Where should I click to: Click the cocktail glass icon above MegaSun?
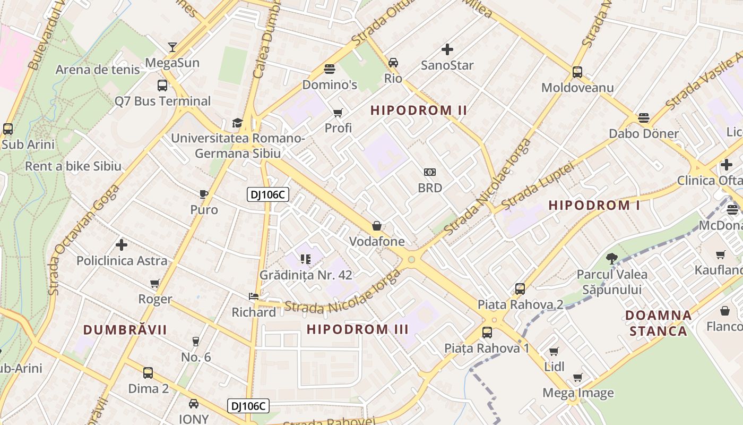[172, 47]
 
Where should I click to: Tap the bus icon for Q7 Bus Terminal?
[162, 85]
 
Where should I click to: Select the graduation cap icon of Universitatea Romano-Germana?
[237, 123]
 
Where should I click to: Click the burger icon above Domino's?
[330, 69]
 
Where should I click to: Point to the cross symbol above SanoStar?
[447, 49]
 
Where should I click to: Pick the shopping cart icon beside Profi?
[338, 113]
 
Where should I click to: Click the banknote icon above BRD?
[430, 172]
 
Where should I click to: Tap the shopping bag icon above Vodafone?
[377, 226]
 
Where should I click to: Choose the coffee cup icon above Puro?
[204, 194]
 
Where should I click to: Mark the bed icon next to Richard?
[254, 296]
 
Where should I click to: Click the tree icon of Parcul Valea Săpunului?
[612, 259]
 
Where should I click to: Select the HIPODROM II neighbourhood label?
[419, 110]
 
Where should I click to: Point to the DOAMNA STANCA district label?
[658, 323]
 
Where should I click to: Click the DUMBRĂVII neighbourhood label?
[125, 330]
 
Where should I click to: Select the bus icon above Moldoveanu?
[577, 72]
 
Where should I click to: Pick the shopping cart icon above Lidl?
[554, 351]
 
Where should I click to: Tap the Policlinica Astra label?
[122, 261]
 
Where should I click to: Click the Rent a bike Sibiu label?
[73, 166]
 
